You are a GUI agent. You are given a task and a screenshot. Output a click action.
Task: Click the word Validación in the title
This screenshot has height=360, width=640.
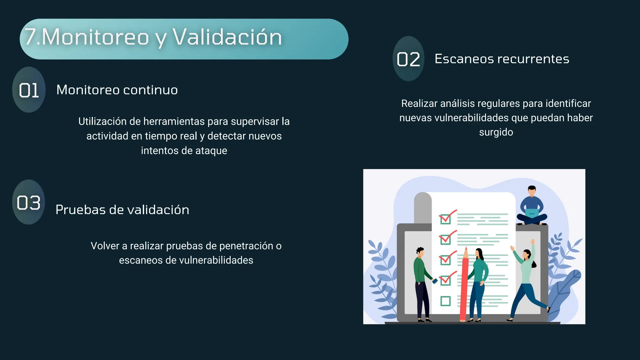[227, 37]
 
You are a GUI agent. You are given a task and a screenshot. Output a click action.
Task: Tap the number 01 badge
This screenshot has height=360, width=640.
[29, 90]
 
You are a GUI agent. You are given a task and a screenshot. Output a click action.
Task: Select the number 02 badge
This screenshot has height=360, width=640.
[408, 59]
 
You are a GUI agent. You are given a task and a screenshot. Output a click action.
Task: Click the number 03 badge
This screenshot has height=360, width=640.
[29, 202]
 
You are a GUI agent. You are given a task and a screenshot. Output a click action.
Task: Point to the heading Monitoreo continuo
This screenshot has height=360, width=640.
[117, 90]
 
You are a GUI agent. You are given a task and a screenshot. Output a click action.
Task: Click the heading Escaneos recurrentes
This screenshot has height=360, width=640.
[502, 59]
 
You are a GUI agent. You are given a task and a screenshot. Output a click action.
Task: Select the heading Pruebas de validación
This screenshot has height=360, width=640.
[122, 210]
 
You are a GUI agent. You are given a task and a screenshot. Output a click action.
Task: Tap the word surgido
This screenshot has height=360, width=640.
[496, 132]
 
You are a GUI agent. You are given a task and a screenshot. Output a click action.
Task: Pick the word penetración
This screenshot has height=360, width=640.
[246, 246]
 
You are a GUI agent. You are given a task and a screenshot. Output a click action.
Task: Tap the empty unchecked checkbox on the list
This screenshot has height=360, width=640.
[445, 301]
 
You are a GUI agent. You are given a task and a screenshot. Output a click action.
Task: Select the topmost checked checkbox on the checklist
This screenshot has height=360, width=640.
[446, 218]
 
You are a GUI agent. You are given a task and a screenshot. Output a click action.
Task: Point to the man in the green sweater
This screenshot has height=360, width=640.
[422, 281]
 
